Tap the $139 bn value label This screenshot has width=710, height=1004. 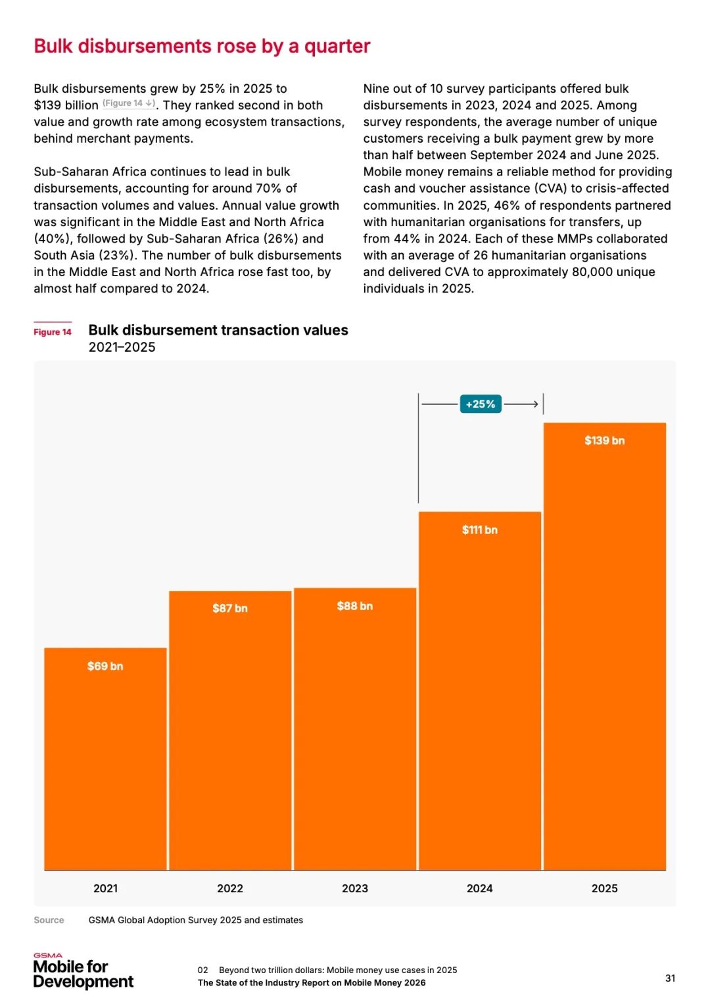click(604, 441)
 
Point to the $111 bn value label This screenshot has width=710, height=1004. click(479, 530)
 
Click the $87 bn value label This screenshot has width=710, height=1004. click(230, 608)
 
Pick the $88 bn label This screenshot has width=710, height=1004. click(355, 606)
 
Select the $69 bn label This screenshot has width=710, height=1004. click(105, 666)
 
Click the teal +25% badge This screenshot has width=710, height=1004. click(481, 404)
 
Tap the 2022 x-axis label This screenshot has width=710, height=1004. click(230, 888)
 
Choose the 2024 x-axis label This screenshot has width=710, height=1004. click(479, 888)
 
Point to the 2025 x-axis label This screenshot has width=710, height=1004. click(604, 888)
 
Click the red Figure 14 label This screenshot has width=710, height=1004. click(53, 332)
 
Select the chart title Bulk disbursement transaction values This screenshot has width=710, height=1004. click(218, 330)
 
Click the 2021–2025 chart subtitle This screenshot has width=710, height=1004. click(122, 347)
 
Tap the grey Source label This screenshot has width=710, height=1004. click(49, 920)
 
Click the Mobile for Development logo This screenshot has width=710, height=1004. click(83, 972)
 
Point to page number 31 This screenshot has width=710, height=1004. click(670, 978)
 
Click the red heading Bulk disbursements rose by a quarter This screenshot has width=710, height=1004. click(202, 46)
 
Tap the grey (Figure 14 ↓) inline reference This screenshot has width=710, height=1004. click(129, 103)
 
